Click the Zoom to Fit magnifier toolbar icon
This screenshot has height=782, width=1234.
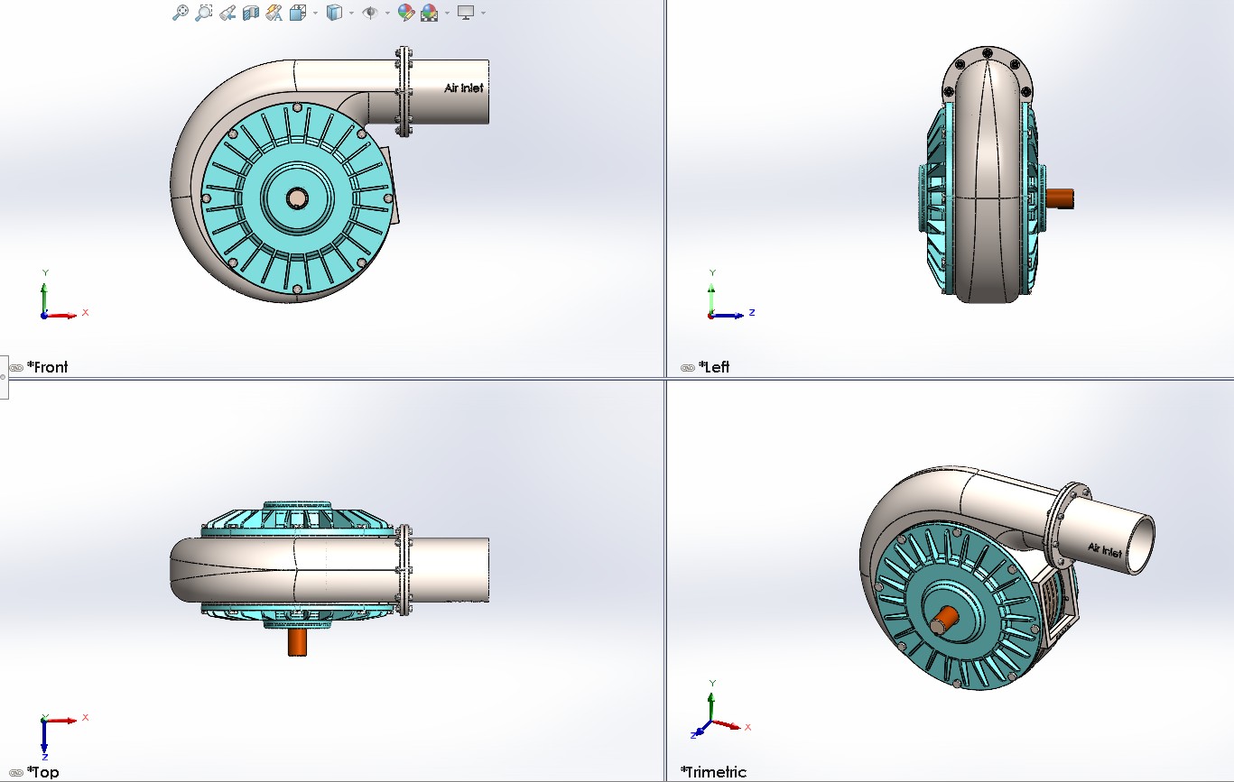[x=181, y=13]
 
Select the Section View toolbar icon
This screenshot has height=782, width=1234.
[x=251, y=13]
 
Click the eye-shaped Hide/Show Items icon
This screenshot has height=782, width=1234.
[x=369, y=13]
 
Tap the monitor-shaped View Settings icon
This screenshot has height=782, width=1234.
[x=466, y=13]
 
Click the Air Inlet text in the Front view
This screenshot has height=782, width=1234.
[x=464, y=88]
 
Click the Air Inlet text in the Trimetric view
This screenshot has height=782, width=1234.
[x=1105, y=549]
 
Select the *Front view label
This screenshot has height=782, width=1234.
[x=47, y=367]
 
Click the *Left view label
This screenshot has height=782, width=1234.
[x=713, y=367]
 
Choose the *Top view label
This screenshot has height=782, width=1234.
[x=42, y=772]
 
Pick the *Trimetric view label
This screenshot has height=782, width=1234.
[x=713, y=772]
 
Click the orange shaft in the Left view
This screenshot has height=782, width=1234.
[x=1060, y=198]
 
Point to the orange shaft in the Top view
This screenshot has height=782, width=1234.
[x=297, y=642]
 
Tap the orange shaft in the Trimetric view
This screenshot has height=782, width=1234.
[x=945, y=620]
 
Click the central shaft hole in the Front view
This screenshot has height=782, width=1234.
[x=297, y=198]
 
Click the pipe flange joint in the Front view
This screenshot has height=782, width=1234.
[x=403, y=92]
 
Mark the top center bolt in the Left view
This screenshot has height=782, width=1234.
[x=987, y=52]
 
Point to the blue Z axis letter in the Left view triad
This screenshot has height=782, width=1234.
[x=752, y=312]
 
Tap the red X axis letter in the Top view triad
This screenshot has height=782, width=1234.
[x=86, y=717]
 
